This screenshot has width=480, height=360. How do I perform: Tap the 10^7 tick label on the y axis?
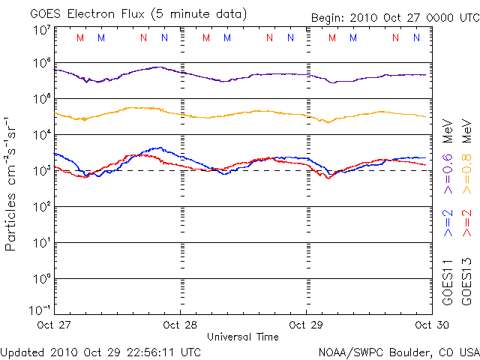coord(42,30)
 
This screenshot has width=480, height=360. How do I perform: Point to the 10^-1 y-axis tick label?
coord(40,310)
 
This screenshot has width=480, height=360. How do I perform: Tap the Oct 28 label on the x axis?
coord(181,325)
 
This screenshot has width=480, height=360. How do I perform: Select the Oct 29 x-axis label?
coord(307,325)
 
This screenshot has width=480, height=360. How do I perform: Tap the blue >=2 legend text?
coord(448,223)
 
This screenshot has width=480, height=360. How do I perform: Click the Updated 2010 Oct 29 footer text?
coord(100,351)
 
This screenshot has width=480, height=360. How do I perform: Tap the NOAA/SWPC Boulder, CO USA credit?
coord(398,351)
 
